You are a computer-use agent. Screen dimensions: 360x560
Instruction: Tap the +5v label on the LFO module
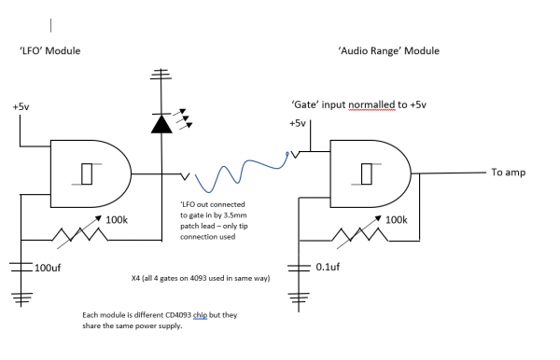(x=21, y=107)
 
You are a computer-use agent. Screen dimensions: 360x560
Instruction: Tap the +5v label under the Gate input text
(x=297, y=123)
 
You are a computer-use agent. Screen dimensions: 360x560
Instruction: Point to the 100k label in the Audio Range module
(x=395, y=220)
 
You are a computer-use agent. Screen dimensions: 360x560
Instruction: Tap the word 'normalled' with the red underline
(x=372, y=105)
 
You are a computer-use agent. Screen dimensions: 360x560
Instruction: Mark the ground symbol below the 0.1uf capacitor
(x=301, y=299)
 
